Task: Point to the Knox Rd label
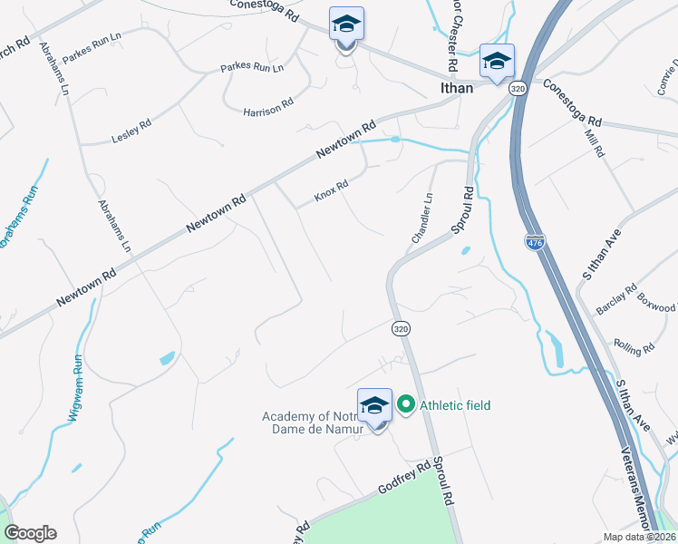coord(331,191)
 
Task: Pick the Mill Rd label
coord(595,142)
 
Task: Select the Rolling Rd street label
coord(634,347)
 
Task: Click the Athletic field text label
coord(454,405)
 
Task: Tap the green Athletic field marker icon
coord(404,404)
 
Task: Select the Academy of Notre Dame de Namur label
coord(313,423)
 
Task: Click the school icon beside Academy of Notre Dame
coord(374,406)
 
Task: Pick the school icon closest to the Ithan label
coord(497,62)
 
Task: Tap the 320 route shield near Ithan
coord(518,88)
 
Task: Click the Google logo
coord(30,533)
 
